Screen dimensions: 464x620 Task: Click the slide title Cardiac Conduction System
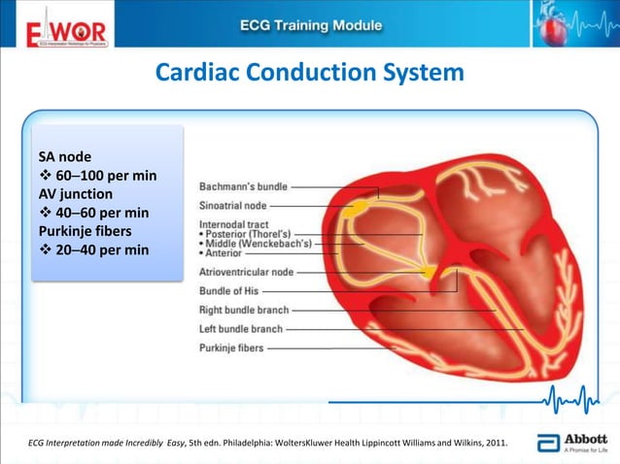pyautogui.click(x=310, y=74)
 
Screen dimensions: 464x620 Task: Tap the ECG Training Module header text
pyautogui.click(x=311, y=23)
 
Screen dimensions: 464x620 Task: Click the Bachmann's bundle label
pyautogui.click(x=242, y=186)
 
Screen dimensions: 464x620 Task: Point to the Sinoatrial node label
pyautogui.click(x=233, y=206)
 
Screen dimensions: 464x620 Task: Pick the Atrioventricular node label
pyautogui.click(x=247, y=273)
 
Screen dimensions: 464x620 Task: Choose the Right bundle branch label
pyautogui.click(x=244, y=311)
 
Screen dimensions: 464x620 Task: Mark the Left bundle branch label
pyautogui.click(x=241, y=329)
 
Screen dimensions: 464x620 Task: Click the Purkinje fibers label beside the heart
pyautogui.click(x=231, y=348)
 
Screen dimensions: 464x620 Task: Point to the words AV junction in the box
pyautogui.click(x=75, y=193)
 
